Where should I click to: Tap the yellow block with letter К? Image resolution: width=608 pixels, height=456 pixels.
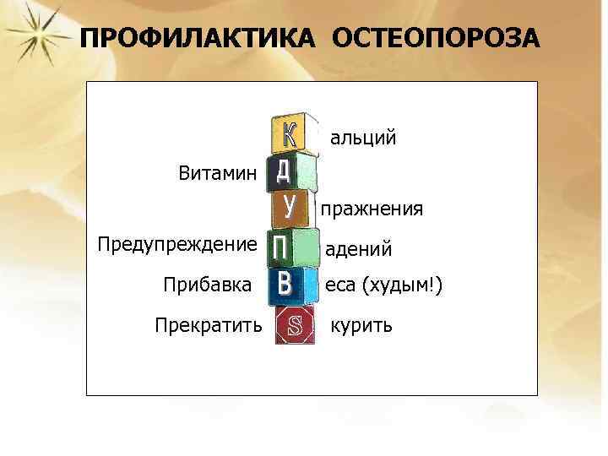coord(289,133)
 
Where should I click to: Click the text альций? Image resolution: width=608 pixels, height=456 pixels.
coord(362,137)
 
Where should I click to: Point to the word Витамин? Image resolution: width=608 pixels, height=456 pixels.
coord(216,174)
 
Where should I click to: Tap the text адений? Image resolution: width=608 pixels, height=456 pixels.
coord(359,249)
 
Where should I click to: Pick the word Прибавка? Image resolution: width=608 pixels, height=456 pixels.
coord(207,285)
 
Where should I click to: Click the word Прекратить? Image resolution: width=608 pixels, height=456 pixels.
coord(209,324)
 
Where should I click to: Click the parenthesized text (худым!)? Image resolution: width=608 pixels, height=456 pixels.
coord(402,287)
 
